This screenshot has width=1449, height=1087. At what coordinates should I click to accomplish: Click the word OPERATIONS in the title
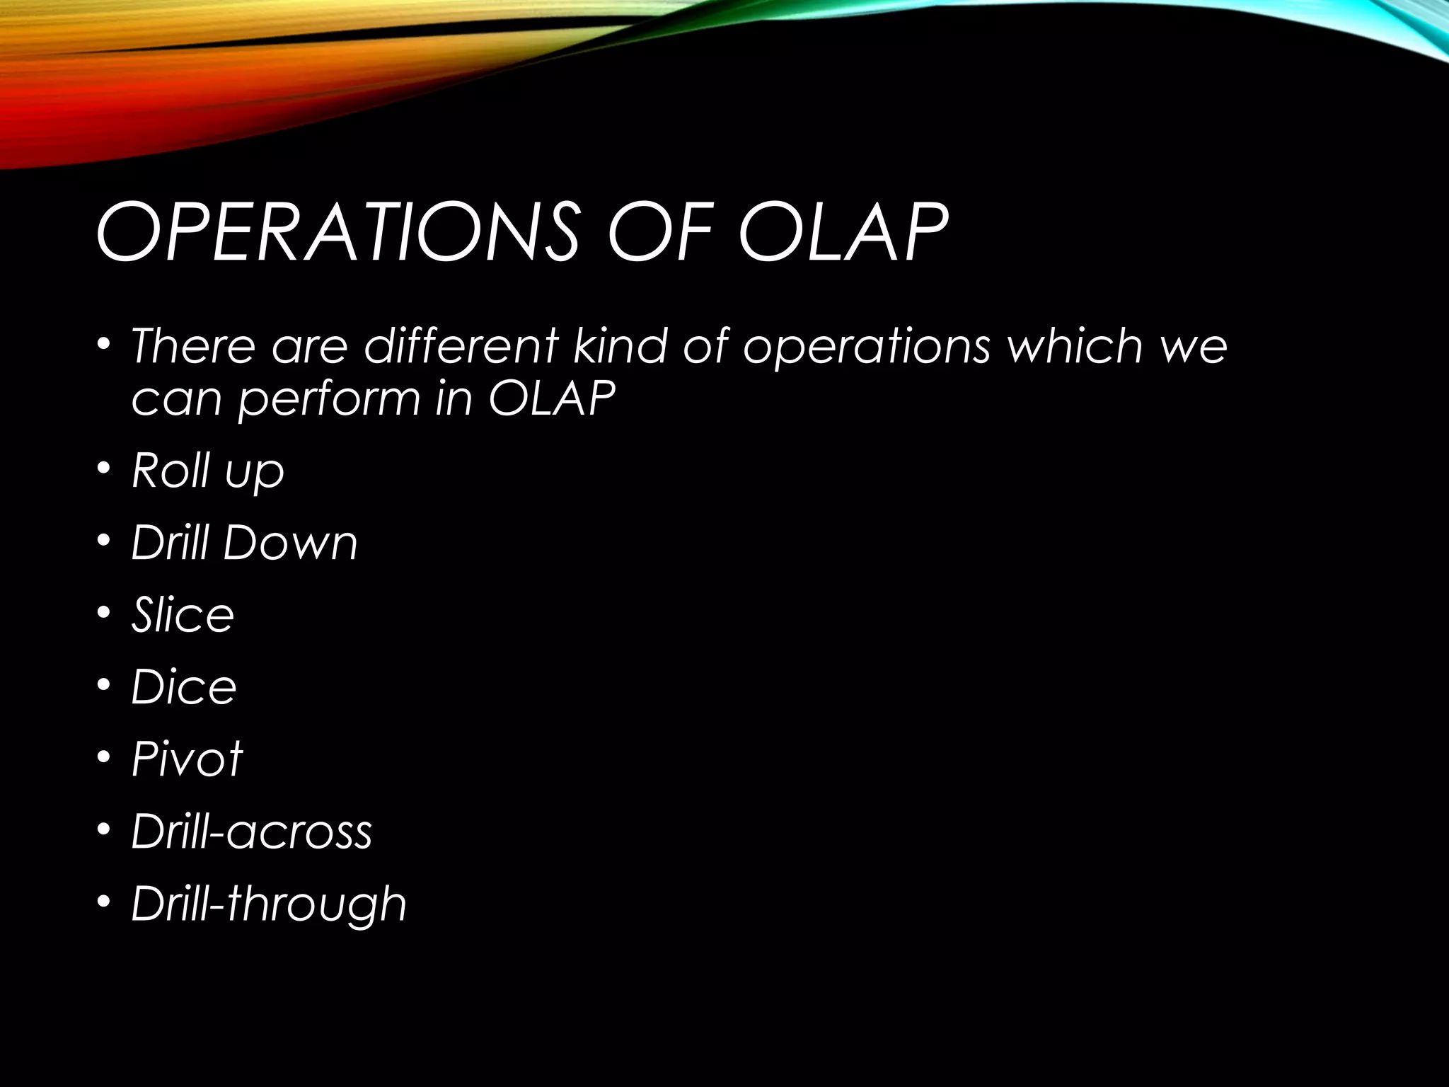pos(337,232)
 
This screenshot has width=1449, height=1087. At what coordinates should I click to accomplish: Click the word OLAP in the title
pos(842,232)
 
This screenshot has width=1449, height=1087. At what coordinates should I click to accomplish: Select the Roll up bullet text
pos(207,471)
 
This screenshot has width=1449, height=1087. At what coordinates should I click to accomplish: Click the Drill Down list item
pos(244,543)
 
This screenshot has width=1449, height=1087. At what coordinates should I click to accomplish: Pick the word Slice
pos(183,615)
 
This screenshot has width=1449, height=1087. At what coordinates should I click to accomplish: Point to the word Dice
pos(183,687)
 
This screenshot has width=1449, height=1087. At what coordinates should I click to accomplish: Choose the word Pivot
pos(187,759)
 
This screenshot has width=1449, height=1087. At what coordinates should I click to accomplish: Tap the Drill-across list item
pos(251,832)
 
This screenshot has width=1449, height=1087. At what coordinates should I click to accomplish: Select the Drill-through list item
pos(269,904)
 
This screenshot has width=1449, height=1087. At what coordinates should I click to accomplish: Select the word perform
pos(329,399)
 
